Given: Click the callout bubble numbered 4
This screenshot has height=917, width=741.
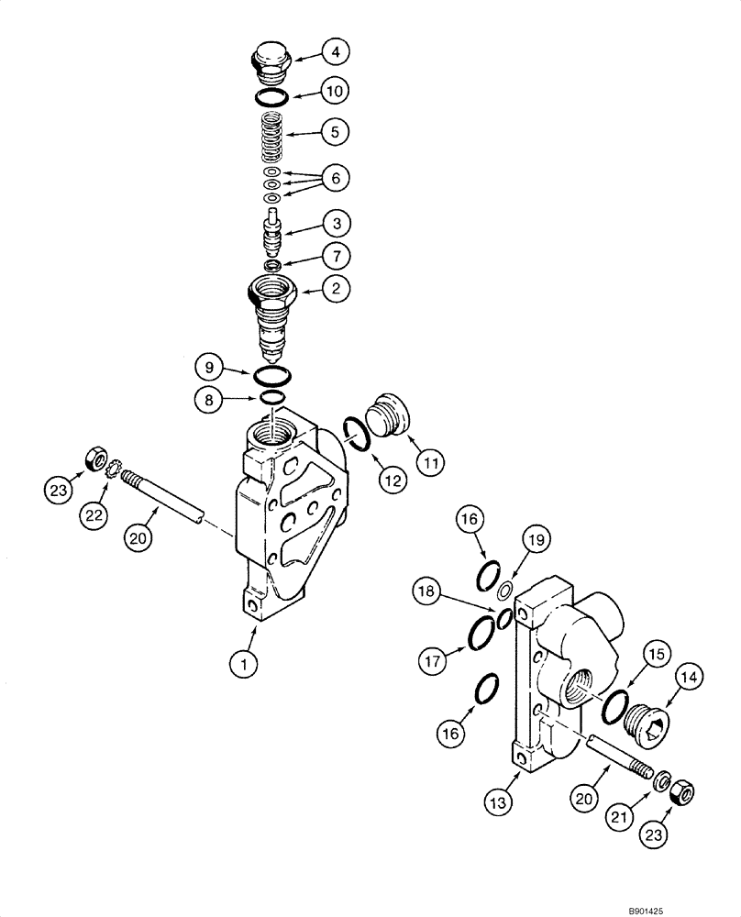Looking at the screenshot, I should coord(335,53).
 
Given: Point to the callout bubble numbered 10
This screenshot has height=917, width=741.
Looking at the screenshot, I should coord(335,93).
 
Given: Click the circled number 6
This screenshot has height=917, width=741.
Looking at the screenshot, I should coord(335,178).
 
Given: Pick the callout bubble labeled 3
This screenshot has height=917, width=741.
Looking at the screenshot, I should coord(335,223).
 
